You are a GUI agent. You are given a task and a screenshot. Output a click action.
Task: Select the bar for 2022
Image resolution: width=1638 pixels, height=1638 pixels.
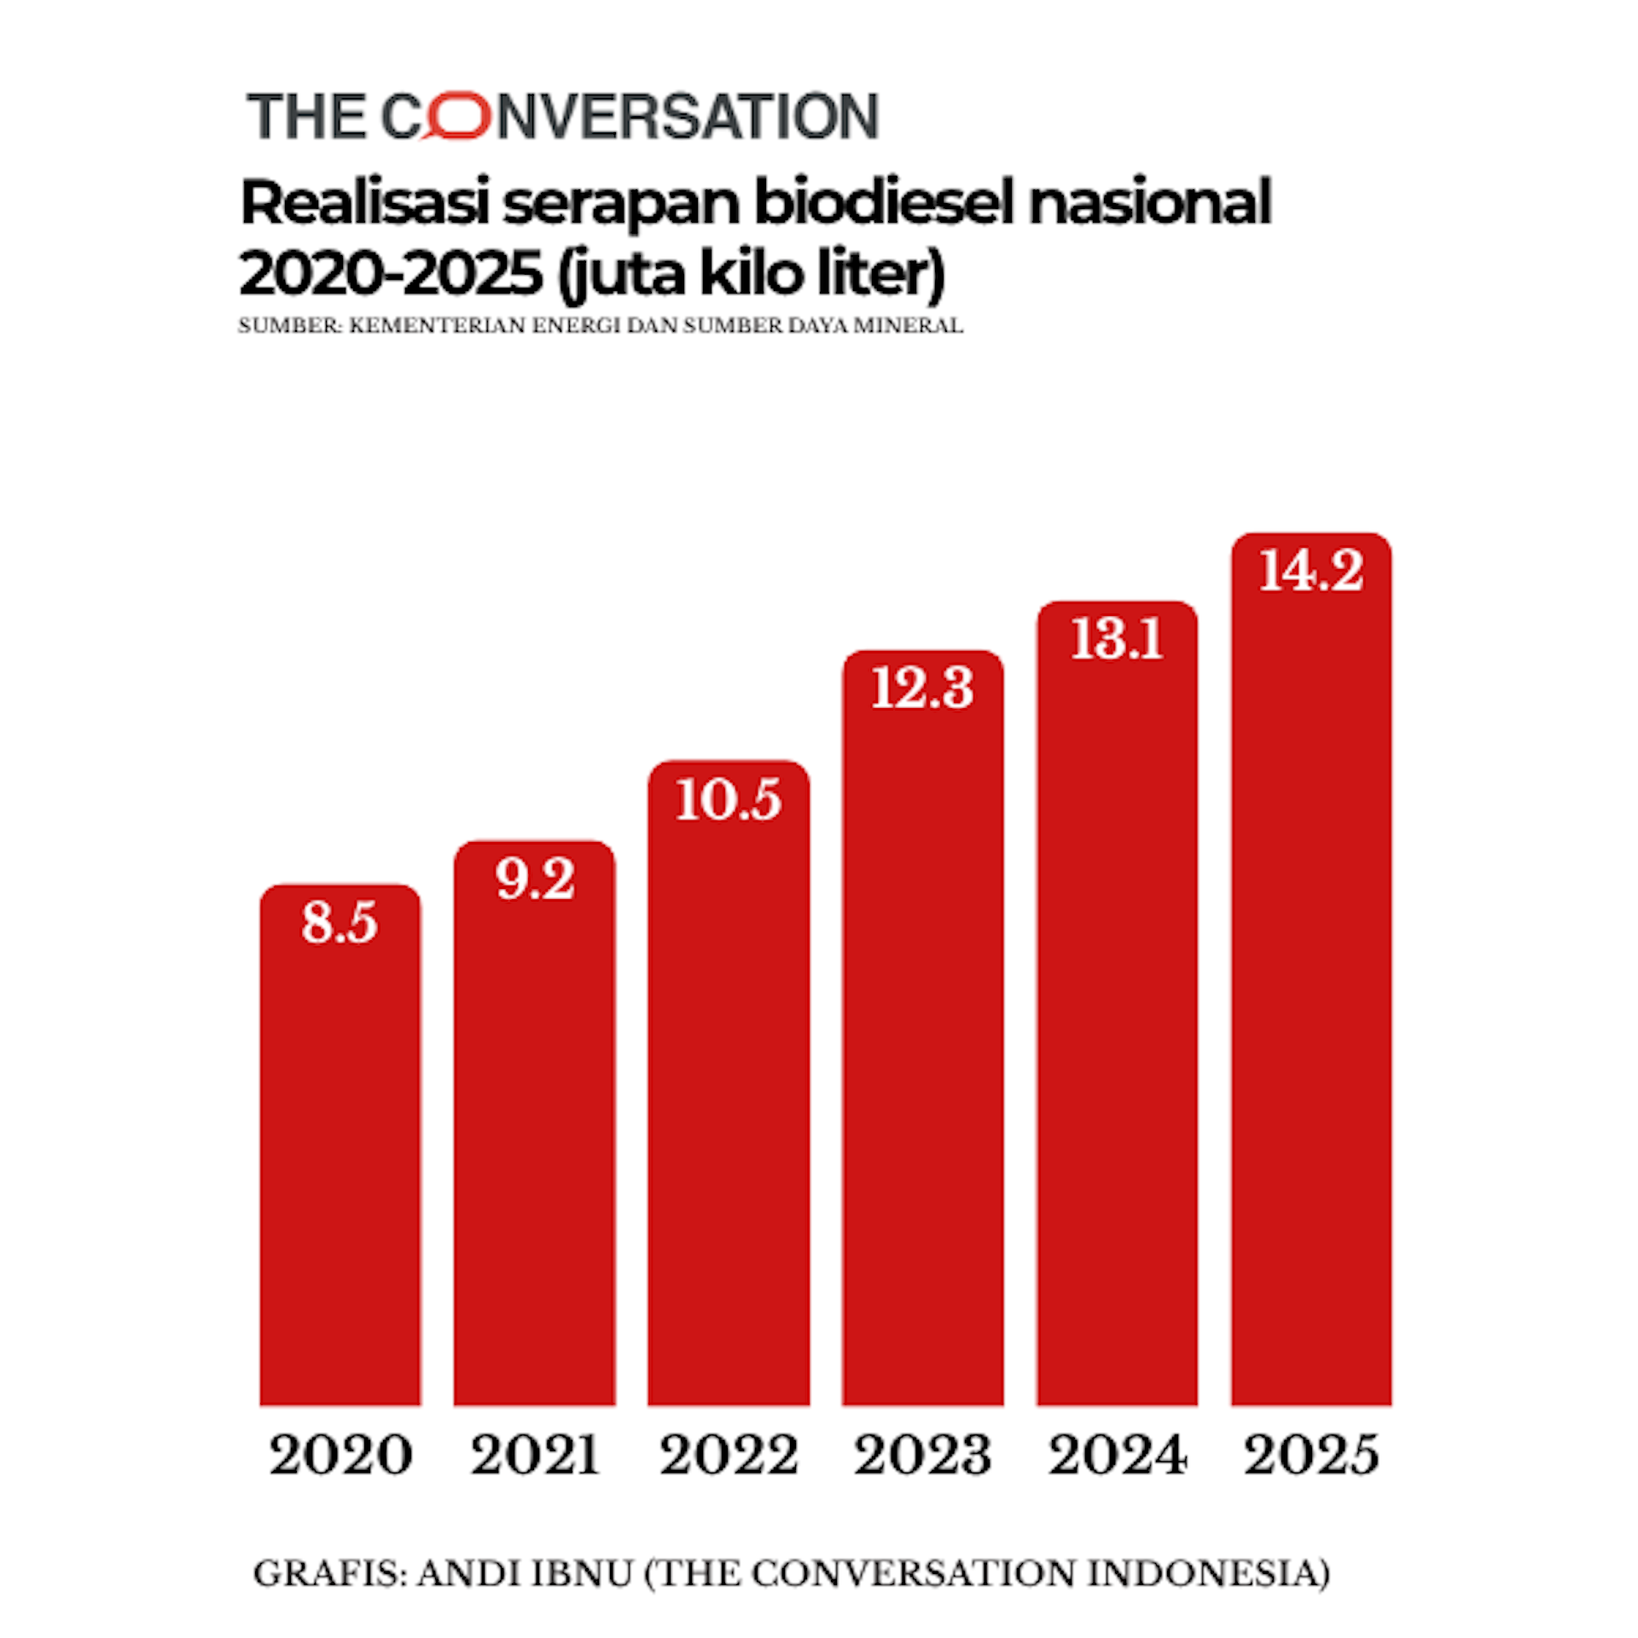728,1109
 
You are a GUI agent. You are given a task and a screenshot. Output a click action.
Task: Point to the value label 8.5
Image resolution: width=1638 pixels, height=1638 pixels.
340,923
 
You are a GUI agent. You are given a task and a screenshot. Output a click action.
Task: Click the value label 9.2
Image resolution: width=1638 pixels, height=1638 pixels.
535,880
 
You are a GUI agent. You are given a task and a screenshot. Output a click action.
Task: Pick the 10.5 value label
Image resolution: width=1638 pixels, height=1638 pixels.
728,800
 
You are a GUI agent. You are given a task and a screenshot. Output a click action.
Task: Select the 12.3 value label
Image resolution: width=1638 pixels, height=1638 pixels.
922,689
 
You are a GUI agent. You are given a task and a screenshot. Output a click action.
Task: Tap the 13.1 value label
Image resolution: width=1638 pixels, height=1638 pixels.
1117,640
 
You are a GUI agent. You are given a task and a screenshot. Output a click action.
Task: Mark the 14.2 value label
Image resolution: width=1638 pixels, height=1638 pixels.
1311,571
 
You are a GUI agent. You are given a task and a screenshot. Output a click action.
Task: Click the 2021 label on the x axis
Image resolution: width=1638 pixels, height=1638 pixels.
535,1455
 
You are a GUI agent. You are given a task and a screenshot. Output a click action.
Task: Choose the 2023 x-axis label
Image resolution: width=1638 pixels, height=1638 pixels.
922,1455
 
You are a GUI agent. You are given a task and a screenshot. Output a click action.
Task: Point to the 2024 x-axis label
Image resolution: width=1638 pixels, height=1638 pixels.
1117,1455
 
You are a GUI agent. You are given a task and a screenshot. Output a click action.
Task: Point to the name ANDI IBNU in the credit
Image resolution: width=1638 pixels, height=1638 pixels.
524,1574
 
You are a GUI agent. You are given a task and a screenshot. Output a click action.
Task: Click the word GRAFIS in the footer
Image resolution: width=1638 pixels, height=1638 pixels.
326,1574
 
